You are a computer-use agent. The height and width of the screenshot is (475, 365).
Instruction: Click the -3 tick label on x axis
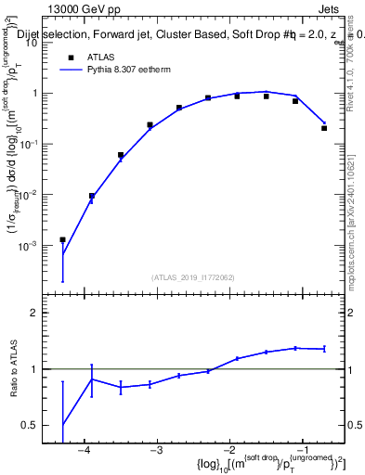(x=156, y=450)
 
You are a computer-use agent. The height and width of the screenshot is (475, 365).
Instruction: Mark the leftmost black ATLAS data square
(x=62, y=240)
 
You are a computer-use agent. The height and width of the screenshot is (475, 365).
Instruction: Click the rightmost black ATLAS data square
(x=324, y=128)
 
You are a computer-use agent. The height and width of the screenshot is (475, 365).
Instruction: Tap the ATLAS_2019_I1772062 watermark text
(x=193, y=276)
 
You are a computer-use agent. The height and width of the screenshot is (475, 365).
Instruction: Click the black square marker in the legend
(x=71, y=57)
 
